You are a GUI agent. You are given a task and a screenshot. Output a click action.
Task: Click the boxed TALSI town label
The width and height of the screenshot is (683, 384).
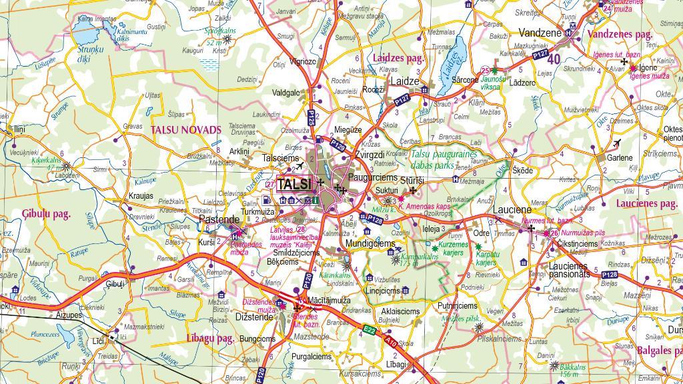tap(294, 185)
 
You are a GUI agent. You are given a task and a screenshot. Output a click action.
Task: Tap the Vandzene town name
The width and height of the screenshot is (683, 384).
tap(540, 33)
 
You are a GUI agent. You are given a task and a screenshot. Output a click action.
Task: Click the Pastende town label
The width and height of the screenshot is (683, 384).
tap(219, 219)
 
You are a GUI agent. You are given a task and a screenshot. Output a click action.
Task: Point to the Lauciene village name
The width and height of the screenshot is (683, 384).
tap(512, 209)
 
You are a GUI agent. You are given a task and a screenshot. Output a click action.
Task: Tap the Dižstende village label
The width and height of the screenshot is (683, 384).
tap(254, 317)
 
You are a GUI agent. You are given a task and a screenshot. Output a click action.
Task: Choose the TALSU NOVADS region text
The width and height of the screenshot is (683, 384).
tap(185, 130)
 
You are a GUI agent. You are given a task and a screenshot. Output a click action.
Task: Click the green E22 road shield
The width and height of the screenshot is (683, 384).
tap(369, 329)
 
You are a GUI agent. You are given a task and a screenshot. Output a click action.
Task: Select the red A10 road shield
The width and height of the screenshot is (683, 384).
tap(391, 342)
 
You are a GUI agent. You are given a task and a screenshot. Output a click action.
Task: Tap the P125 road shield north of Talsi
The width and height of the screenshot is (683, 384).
tap(311, 117)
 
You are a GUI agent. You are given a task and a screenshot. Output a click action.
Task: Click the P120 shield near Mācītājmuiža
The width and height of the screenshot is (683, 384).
tap(307, 281)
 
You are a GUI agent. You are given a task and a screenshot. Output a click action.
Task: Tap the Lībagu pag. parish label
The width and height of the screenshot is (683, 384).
tap(210, 338)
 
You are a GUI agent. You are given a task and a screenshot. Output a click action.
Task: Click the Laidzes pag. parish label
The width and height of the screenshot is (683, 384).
tap(398, 59)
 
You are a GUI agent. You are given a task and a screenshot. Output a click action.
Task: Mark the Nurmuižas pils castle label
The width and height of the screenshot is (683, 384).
tap(582, 233)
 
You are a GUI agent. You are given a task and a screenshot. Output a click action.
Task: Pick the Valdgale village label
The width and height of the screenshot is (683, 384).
tap(285, 93)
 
